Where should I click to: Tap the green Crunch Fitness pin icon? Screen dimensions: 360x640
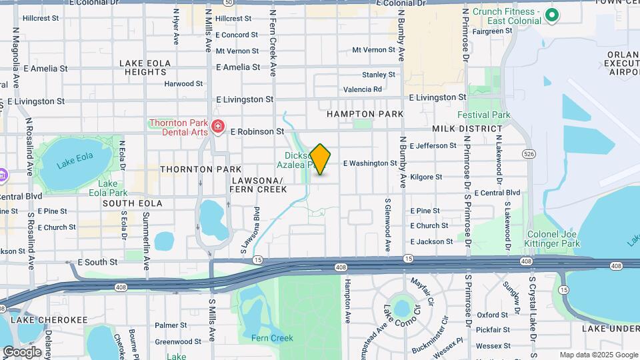coord(551,15)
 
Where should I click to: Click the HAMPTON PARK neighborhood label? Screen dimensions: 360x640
coord(365,114)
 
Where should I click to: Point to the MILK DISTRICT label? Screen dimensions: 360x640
coord(467,129)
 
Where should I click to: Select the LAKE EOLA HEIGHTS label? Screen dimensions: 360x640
coord(145,67)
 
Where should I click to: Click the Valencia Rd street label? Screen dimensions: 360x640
coord(363,89)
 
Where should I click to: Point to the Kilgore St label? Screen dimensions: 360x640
coord(426,177)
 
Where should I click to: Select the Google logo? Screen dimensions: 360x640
coord(22,351)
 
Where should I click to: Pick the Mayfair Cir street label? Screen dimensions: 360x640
coord(422,290)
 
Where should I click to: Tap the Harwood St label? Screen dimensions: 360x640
coord(183,84)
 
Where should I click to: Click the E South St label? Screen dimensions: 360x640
coord(97,263)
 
